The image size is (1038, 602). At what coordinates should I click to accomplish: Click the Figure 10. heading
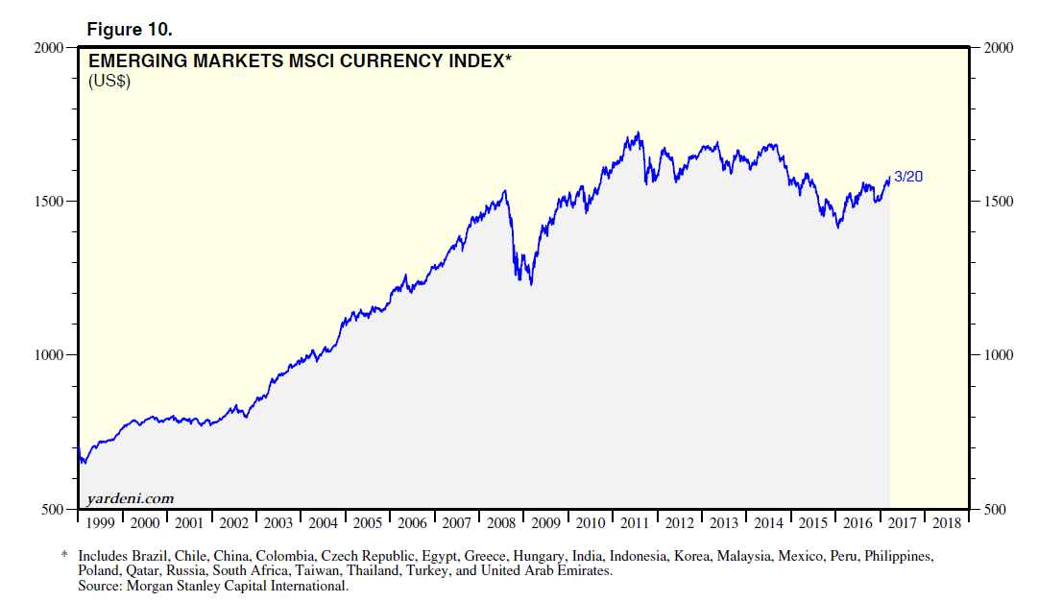(x=130, y=29)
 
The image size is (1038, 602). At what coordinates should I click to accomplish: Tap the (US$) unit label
(x=109, y=81)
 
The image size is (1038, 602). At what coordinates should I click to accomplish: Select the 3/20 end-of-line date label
(x=908, y=177)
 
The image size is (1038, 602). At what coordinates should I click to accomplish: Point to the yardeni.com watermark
(x=130, y=497)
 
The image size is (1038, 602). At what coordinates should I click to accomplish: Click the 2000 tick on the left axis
(x=48, y=47)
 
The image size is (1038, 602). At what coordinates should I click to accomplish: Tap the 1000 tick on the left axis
(x=48, y=355)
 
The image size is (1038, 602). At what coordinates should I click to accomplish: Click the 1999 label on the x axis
(x=100, y=523)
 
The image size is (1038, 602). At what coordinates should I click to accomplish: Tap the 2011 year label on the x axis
(x=636, y=523)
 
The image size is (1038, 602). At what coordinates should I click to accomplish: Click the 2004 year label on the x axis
(x=324, y=523)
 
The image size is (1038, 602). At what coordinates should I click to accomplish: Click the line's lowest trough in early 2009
(x=531, y=284)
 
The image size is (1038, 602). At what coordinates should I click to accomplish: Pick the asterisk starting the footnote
(x=65, y=556)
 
